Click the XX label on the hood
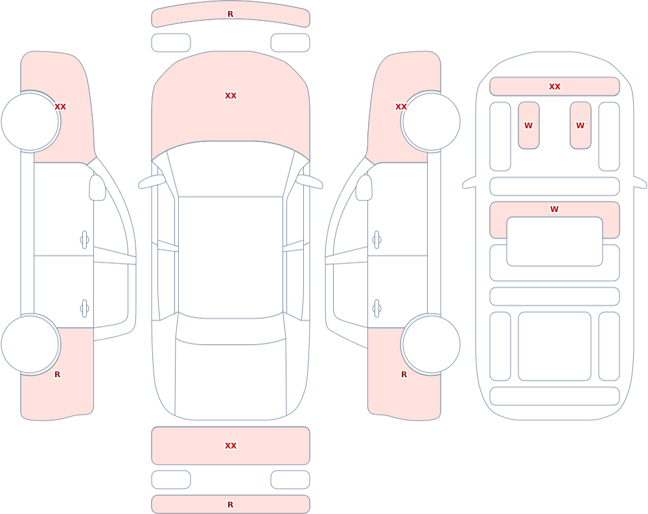pyautogui.click(x=231, y=96)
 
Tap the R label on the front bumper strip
pyautogui.click(x=231, y=14)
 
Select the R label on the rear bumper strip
pyautogui.click(x=231, y=504)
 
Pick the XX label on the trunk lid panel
pyautogui.click(x=231, y=446)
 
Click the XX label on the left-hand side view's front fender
pyautogui.click(x=60, y=107)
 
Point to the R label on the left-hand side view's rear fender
pyautogui.click(x=58, y=374)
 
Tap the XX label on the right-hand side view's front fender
pyautogui.click(x=401, y=107)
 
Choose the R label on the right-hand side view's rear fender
pyautogui.click(x=404, y=374)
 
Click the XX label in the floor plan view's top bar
pyautogui.click(x=555, y=87)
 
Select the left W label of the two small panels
pyautogui.click(x=529, y=125)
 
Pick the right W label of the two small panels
pyautogui.click(x=580, y=125)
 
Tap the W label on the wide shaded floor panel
pyautogui.click(x=555, y=209)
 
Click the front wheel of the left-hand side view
pyautogui.click(x=30, y=122)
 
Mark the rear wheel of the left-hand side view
pyautogui.click(x=30, y=344)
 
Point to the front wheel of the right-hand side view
pyautogui.click(x=431, y=122)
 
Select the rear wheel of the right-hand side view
pyautogui.click(x=431, y=344)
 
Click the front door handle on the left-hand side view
pyautogui.click(x=84, y=240)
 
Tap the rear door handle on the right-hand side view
pyautogui.click(x=376, y=309)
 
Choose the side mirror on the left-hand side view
pyautogui.click(x=97, y=188)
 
